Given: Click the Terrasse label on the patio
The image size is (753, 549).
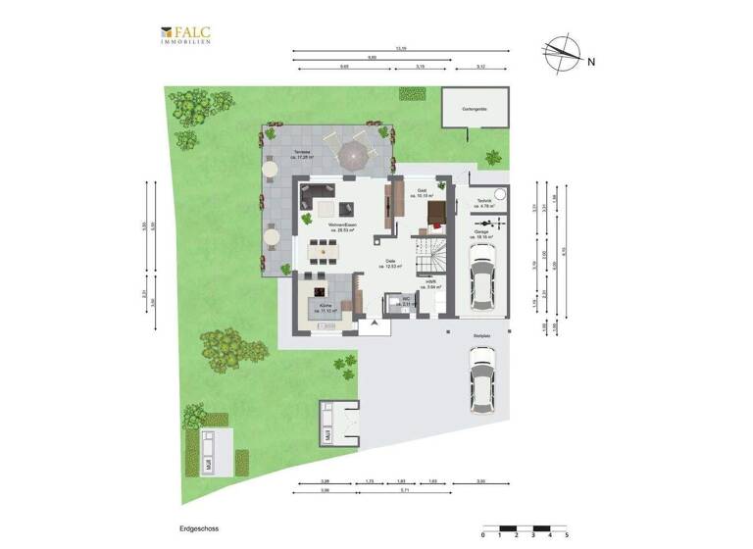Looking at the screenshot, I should (x=304, y=153).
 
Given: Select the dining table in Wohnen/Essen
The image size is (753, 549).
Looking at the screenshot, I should (x=322, y=254).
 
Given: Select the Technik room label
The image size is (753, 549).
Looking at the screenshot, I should (x=483, y=204).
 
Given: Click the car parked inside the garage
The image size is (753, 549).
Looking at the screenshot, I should (x=481, y=276).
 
